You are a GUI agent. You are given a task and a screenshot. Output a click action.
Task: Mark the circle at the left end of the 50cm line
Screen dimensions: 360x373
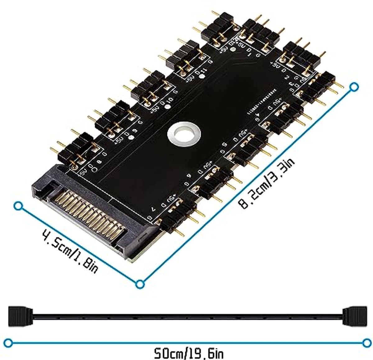click(x=10, y=343)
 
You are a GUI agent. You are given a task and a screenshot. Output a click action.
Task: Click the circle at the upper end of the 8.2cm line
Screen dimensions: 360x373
click(x=353, y=88)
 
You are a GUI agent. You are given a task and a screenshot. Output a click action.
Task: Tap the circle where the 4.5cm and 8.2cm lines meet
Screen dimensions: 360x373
click(x=140, y=284)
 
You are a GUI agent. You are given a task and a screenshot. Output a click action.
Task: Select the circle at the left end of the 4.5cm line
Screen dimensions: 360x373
click(x=19, y=206)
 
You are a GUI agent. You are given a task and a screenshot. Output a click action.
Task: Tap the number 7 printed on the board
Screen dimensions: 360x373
click(x=153, y=209)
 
